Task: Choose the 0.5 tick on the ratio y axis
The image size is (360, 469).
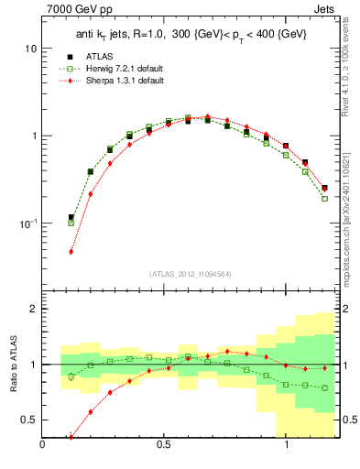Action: point(28,420)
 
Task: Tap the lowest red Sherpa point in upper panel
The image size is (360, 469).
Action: point(71,252)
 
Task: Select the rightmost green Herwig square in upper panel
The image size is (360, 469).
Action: point(324,199)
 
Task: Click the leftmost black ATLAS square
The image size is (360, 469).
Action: point(71,218)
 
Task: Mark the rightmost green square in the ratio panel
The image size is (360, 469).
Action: point(324,387)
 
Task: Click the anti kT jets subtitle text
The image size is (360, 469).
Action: point(191,34)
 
